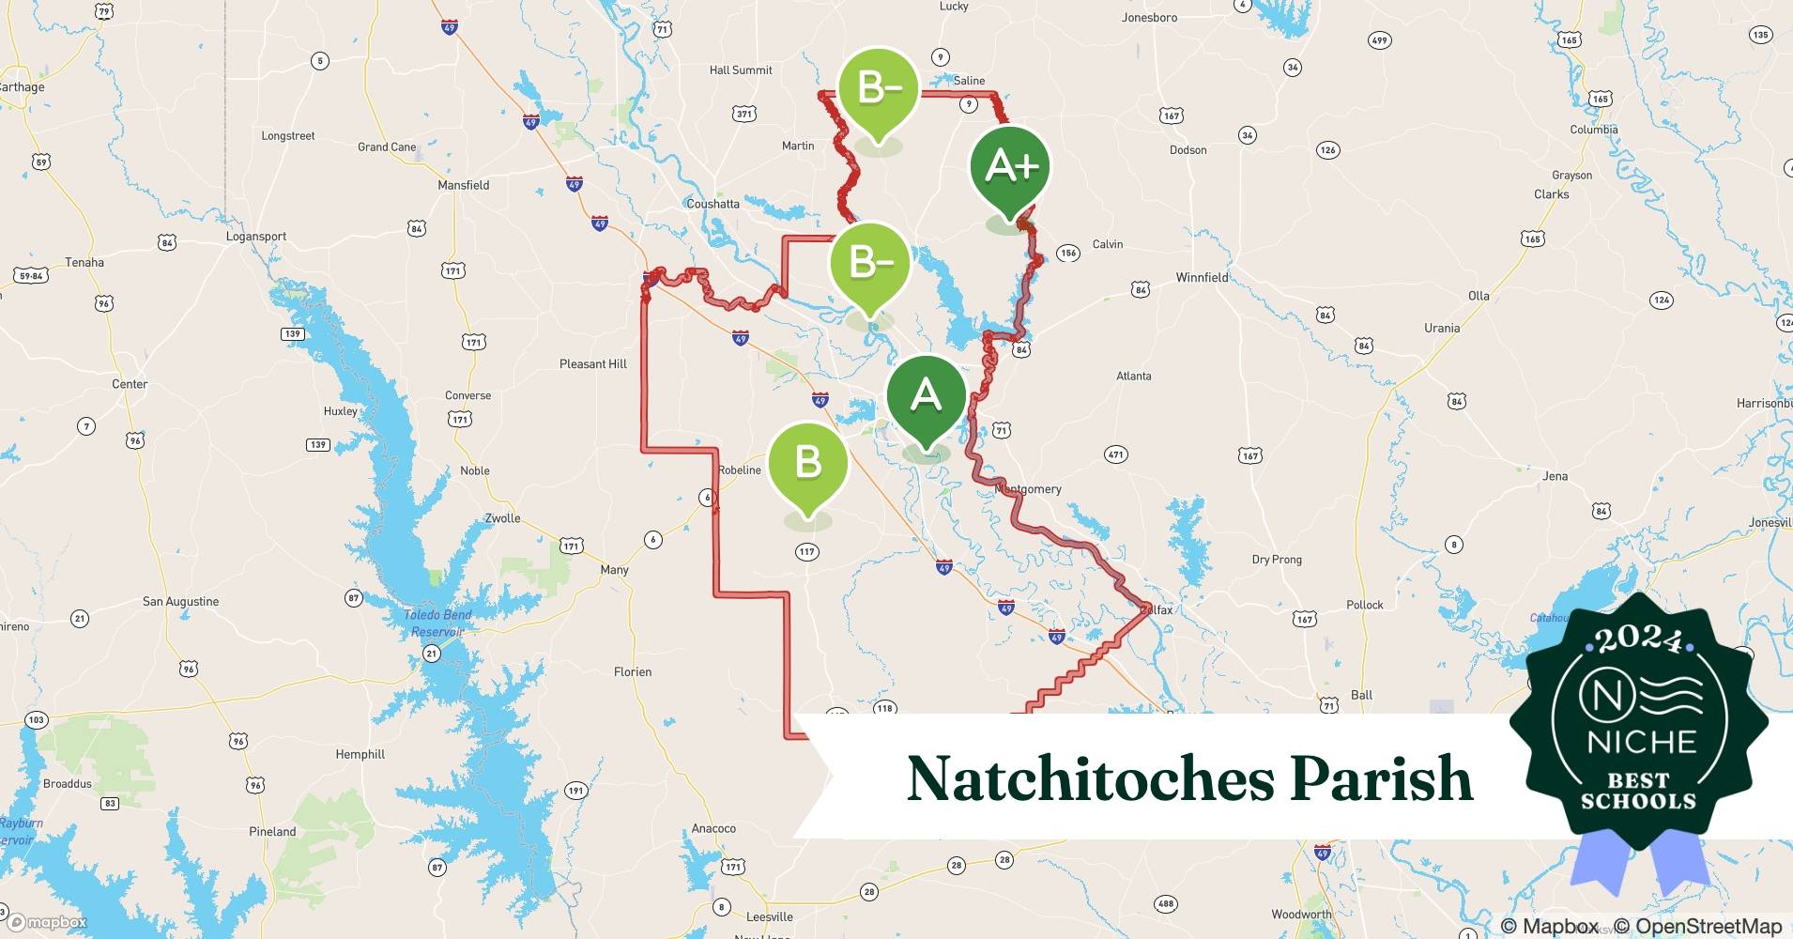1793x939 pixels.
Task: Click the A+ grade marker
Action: tap(1010, 167)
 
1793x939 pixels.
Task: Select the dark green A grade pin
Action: tap(927, 395)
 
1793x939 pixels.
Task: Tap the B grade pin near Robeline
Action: tap(807, 462)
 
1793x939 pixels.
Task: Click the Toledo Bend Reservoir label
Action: tap(437, 623)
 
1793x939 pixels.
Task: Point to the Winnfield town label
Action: tap(1202, 278)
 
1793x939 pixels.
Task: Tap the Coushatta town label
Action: tap(713, 204)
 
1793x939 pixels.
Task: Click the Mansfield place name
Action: tap(463, 185)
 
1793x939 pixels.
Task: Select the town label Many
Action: tap(614, 570)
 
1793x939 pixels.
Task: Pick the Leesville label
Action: tap(769, 916)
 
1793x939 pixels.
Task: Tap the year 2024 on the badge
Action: tap(1639, 641)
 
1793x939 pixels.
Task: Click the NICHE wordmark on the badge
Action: tap(1641, 742)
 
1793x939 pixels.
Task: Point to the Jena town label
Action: tap(1555, 476)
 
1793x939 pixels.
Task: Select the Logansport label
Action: tap(256, 237)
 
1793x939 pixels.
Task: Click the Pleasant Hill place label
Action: tap(592, 364)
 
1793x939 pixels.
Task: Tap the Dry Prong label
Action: tap(1277, 560)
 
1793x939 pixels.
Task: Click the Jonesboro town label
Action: tap(1149, 18)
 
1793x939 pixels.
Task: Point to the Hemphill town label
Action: tap(360, 754)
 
